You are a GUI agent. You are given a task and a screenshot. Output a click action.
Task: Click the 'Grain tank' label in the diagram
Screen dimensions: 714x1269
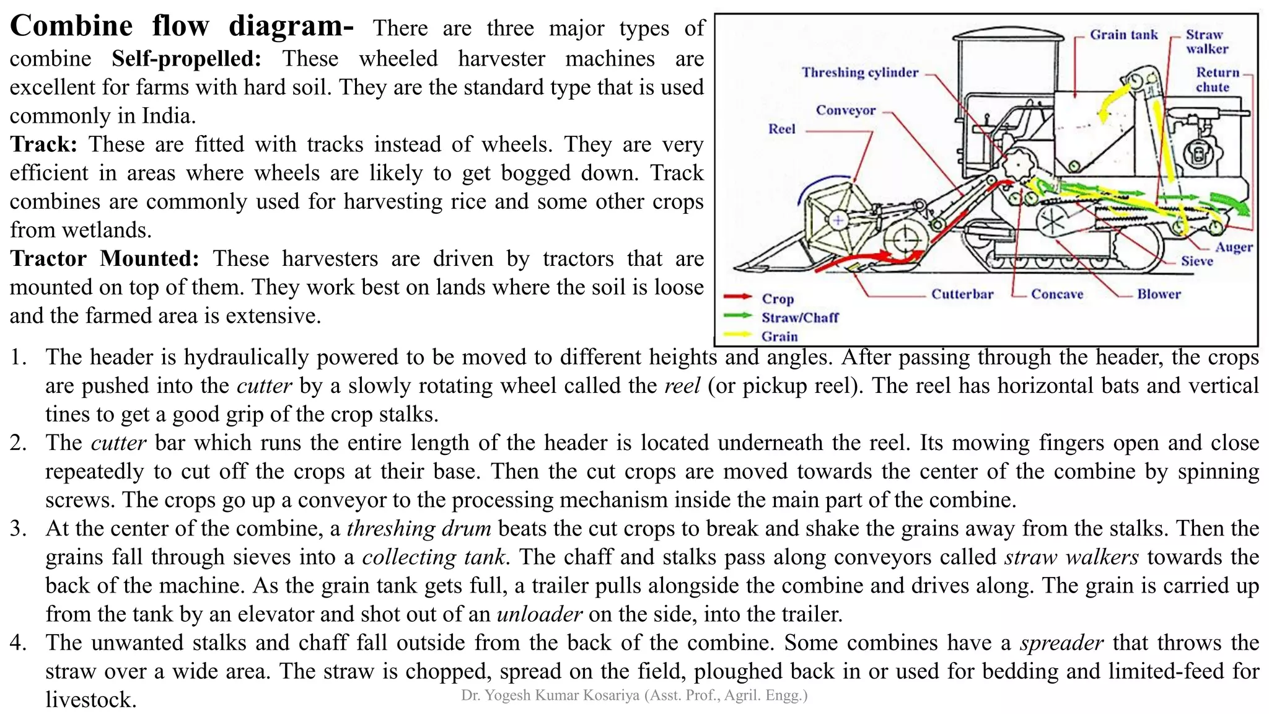click(x=1123, y=35)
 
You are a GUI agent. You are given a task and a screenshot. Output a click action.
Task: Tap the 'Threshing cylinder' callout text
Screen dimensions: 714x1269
click(x=859, y=73)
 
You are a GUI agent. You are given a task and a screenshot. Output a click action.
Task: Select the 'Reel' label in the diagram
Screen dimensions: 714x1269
click(x=781, y=129)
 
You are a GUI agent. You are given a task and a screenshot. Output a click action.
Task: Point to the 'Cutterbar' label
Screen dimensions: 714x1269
click(x=962, y=294)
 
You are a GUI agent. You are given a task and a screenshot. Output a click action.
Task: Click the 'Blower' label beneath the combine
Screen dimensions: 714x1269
click(x=1158, y=294)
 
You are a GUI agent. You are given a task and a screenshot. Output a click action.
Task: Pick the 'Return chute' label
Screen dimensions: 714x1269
click(x=1217, y=79)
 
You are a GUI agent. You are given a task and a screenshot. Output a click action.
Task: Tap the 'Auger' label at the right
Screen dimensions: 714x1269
click(x=1233, y=247)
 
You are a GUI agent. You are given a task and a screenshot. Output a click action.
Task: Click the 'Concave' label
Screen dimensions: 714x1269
click(x=1056, y=294)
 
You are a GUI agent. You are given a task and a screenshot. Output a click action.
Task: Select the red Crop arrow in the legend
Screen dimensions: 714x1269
click(x=737, y=297)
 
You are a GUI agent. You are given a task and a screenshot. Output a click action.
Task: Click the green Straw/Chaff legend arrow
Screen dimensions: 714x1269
click(x=737, y=316)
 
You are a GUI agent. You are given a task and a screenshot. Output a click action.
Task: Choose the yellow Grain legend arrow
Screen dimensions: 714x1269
click(x=737, y=335)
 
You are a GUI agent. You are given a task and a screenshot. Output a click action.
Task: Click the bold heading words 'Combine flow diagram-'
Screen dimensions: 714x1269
click(x=182, y=27)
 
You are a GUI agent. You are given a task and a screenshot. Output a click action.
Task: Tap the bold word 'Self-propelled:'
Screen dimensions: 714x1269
click(x=187, y=59)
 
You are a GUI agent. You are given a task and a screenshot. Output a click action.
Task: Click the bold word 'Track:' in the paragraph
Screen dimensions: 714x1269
click(x=43, y=144)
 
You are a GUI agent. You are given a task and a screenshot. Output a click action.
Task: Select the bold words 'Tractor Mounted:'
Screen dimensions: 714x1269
click(x=105, y=258)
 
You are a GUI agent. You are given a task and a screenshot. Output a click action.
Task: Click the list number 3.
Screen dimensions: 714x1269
click(x=18, y=529)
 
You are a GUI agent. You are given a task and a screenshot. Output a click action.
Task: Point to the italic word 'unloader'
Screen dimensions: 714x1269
click(x=539, y=614)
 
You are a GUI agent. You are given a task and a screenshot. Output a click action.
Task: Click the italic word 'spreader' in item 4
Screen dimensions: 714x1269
click(x=1061, y=643)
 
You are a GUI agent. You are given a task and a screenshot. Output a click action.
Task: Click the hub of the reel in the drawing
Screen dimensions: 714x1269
click(x=838, y=220)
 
